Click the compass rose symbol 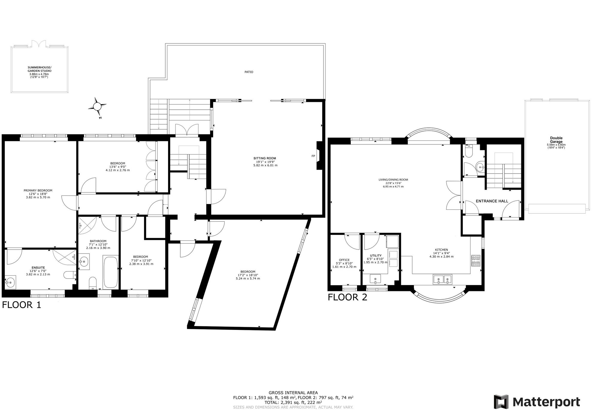[x=97, y=106]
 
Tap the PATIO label [x=249, y=72]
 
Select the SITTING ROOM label [x=265, y=158]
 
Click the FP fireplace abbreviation [x=313, y=156]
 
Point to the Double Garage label [x=556, y=140]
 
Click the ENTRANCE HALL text [x=492, y=201]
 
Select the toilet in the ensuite [x=69, y=275]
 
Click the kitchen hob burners [x=476, y=260]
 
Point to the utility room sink [x=375, y=279]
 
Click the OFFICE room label [x=344, y=260]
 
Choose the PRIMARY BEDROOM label [x=38, y=190]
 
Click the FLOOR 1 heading [x=21, y=305]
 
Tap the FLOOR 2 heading [x=347, y=297]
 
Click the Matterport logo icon [x=501, y=402]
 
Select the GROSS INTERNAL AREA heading [x=293, y=393]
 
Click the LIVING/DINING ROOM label [x=393, y=180]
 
